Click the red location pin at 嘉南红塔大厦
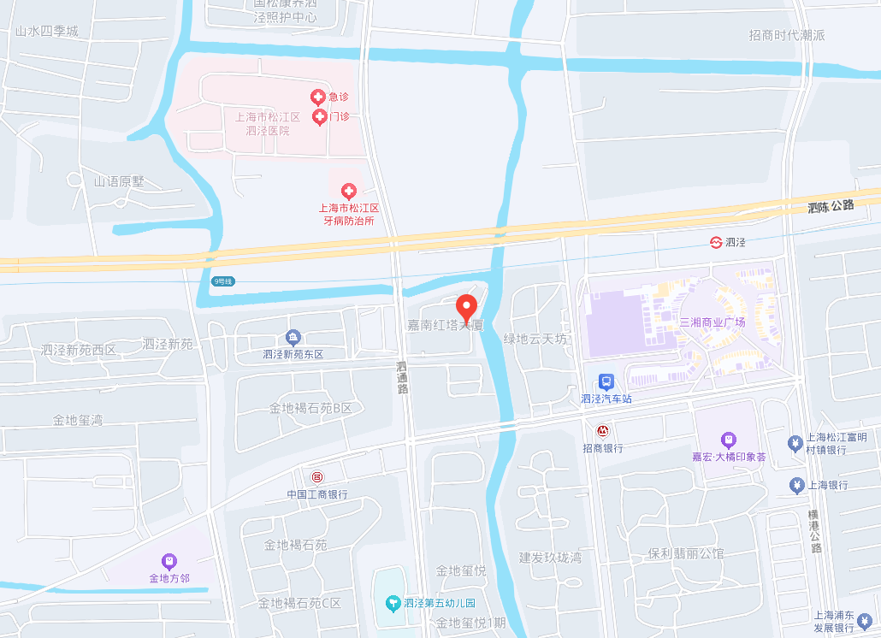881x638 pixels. (466, 306)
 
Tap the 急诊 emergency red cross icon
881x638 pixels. (317, 97)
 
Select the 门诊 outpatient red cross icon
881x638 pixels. (320, 116)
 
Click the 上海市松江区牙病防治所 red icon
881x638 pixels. (348, 191)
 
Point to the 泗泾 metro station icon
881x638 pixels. (716, 242)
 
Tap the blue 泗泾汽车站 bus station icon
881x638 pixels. (606, 381)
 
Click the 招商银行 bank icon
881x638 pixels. (602, 431)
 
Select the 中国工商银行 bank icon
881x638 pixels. (317, 476)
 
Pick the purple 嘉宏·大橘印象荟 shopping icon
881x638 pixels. (728, 440)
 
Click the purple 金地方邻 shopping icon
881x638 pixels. (169, 561)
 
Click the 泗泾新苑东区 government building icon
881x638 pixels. (293, 338)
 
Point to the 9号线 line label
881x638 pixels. (223, 281)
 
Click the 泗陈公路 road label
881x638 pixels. (831, 206)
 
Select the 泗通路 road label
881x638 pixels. (402, 377)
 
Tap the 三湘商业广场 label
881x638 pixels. (712, 322)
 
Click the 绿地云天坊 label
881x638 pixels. (535, 340)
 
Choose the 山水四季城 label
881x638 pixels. (46, 32)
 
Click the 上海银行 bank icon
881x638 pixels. (796, 485)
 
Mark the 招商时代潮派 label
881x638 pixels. (786, 35)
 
